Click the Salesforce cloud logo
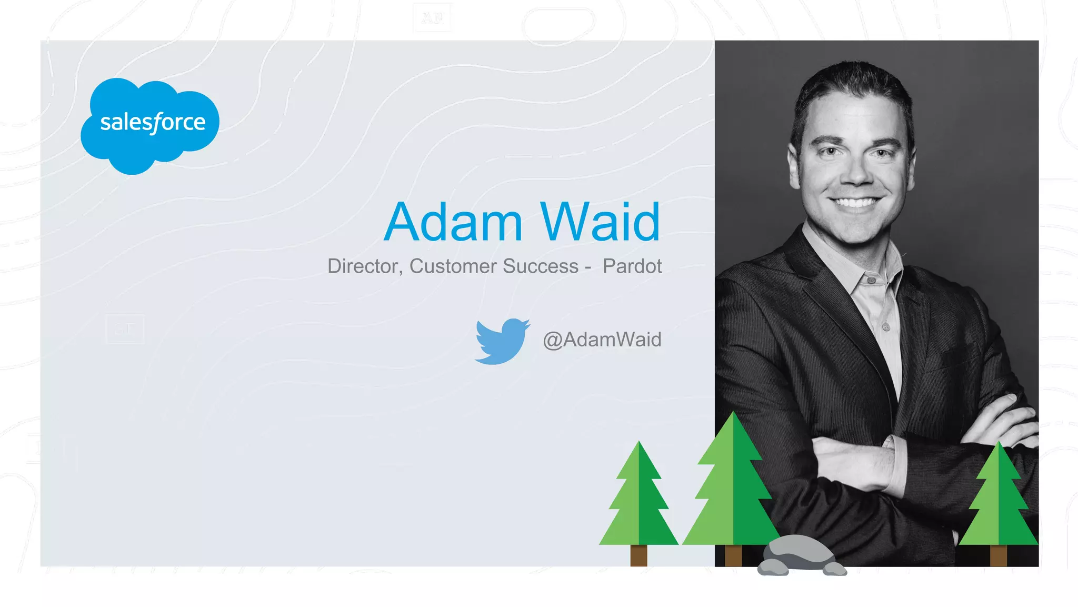click(x=150, y=125)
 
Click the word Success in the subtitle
click(x=540, y=266)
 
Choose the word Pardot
click(x=632, y=266)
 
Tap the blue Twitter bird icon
click(x=501, y=341)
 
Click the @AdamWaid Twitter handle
click(x=602, y=340)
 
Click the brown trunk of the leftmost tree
click(x=638, y=555)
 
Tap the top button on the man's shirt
click(x=871, y=280)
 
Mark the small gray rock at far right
click(x=835, y=570)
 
